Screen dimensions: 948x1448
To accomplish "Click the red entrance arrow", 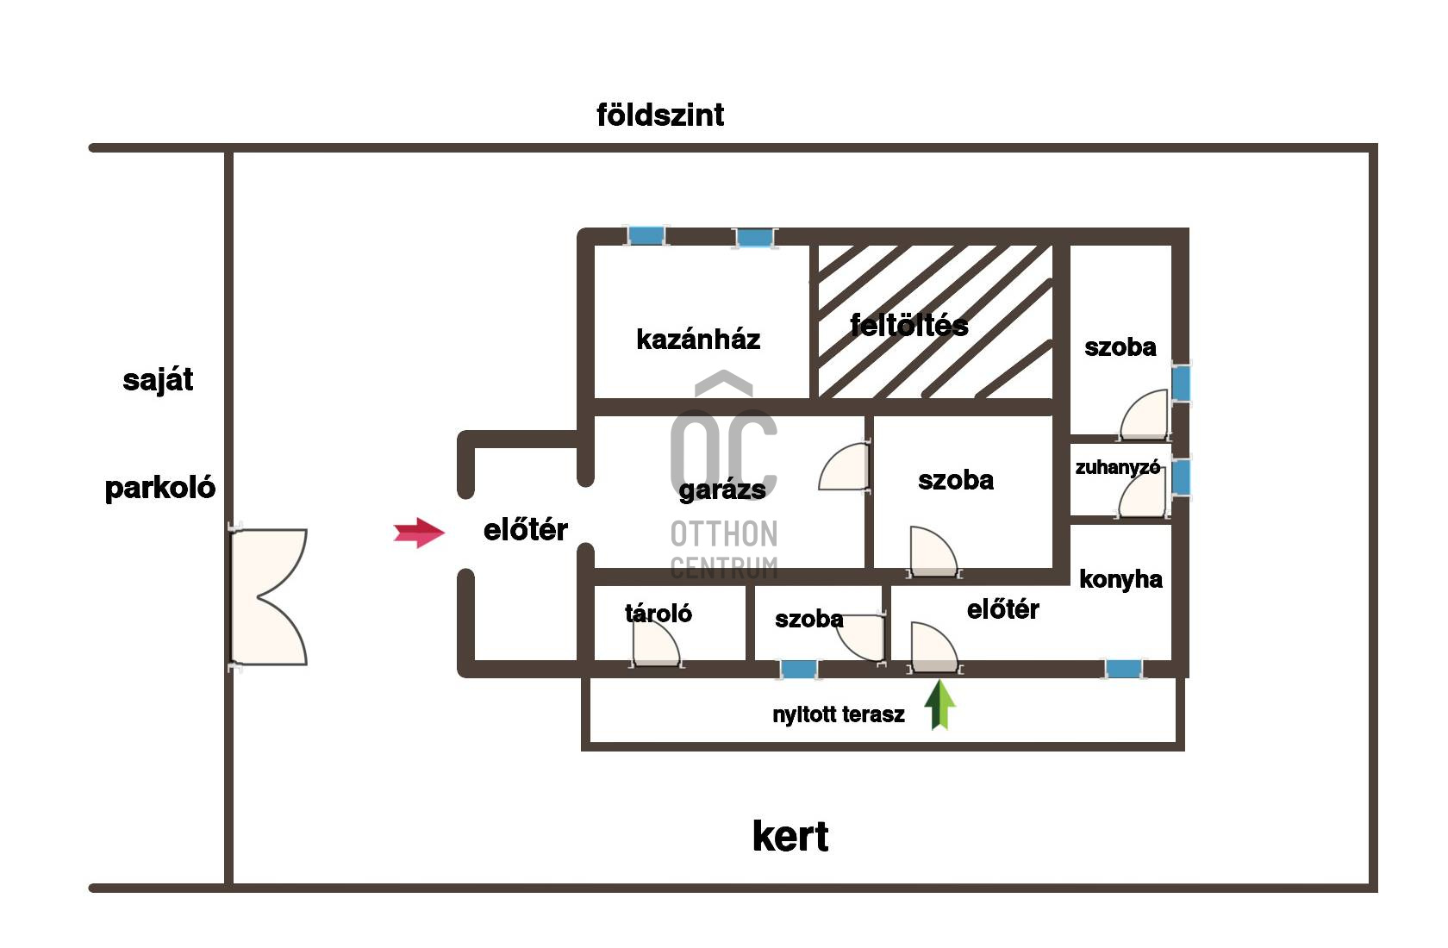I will (x=419, y=533).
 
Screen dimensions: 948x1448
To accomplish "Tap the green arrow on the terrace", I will (x=940, y=704).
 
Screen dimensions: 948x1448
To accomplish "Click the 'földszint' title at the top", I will (x=660, y=115).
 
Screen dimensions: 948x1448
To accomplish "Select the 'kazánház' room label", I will (x=698, y=340).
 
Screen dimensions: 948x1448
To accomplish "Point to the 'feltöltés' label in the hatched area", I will (x=908, y=325).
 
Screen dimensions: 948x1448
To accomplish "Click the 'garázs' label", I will (x=722, y=490).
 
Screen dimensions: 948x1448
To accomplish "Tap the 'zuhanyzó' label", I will (x=1117, y=467).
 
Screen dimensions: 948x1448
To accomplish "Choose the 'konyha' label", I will (x=1120, y=579).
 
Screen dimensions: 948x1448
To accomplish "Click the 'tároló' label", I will (x=658, y=613).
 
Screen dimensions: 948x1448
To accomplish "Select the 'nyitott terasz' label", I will (x=839, y=714).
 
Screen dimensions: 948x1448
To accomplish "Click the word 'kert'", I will (x=790, y=836).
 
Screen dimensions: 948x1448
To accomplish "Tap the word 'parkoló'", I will (x=160, y=488).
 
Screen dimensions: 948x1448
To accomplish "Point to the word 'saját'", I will (x=158, y=379).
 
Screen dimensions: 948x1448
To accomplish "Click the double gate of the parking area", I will (x=269, y=596).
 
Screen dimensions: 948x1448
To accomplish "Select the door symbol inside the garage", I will (x=845, y=467).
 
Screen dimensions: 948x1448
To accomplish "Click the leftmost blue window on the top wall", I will (x=646, y=235).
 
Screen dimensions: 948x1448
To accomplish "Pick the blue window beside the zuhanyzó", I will (x=1181, y=477).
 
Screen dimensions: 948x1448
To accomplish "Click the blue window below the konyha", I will (x=1123, y=668).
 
